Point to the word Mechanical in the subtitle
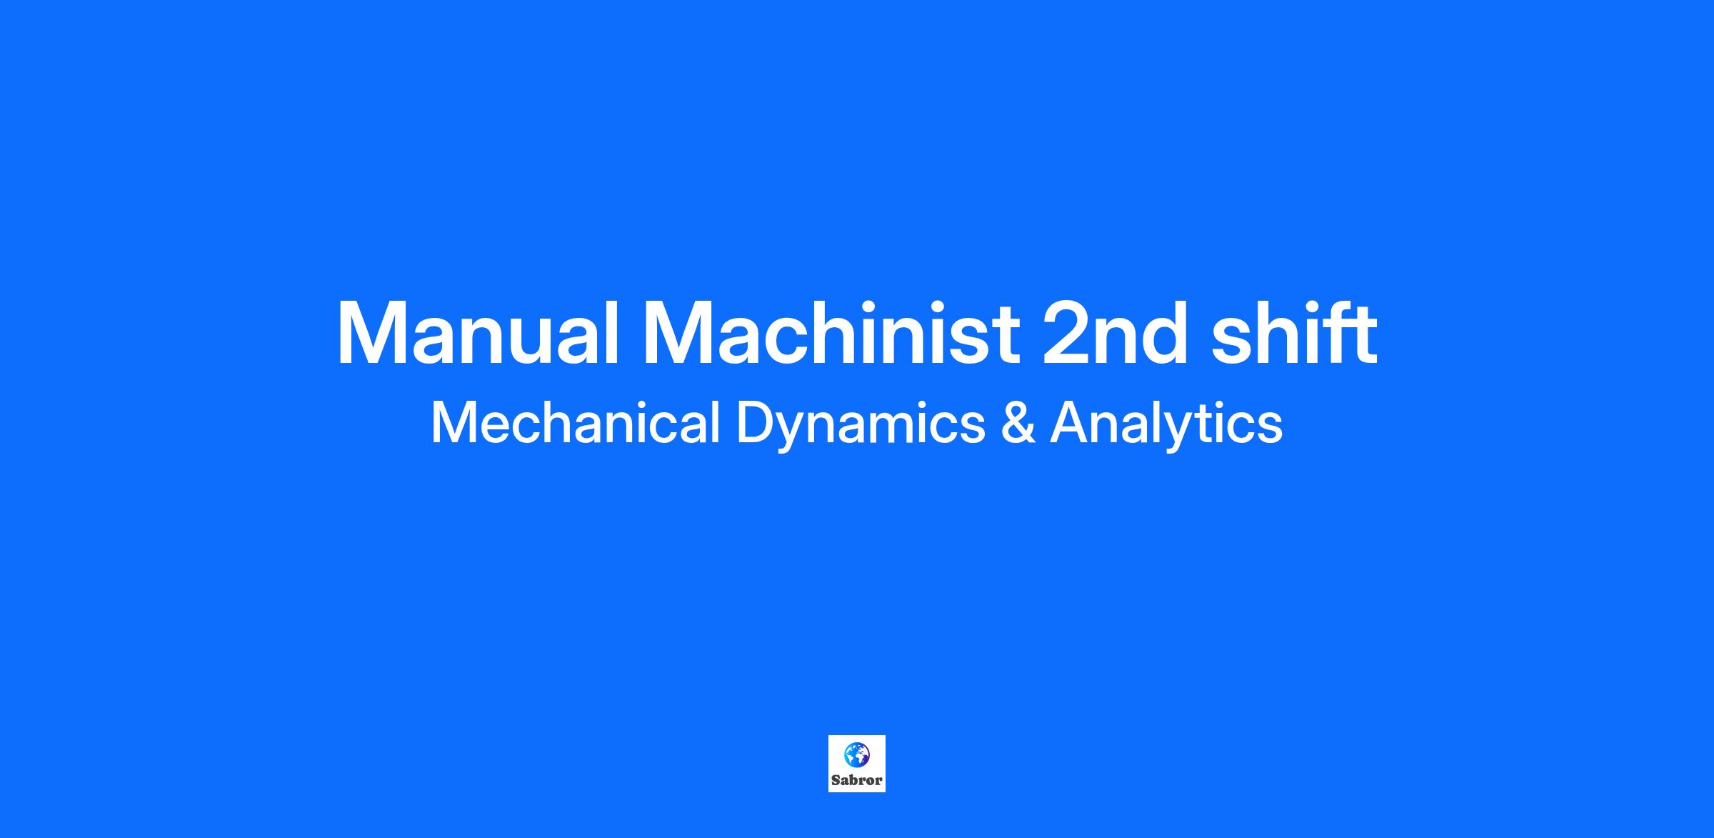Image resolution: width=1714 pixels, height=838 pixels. pos(576,423)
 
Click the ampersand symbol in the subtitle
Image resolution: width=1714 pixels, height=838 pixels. pos(1018,424)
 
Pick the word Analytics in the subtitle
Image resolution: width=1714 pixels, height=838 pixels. pos(1166,426)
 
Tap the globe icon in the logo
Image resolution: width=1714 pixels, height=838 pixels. pos(857,754)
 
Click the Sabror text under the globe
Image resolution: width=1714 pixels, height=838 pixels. pos(857,780)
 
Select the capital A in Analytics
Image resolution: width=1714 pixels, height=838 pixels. pos(1070,424)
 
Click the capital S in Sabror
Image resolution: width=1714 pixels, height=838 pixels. pos(836,780)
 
